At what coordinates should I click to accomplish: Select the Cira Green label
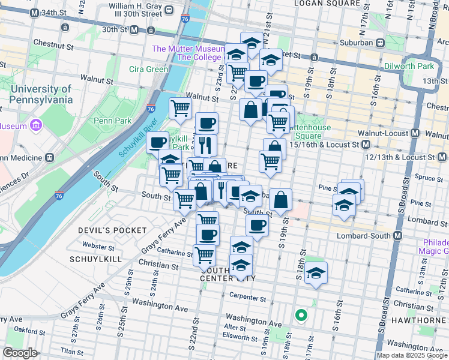tap(148, 69)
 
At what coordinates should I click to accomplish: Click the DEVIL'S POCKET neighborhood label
tap(112, 230)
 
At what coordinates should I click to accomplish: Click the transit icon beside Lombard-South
tap(397, 235)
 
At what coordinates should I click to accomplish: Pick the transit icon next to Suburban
tap(380, 43)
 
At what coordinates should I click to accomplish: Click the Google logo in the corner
tap(20, 353)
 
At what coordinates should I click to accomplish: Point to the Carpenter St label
tap(247, 297)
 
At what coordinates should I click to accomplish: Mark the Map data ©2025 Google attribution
tap(412, 355)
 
